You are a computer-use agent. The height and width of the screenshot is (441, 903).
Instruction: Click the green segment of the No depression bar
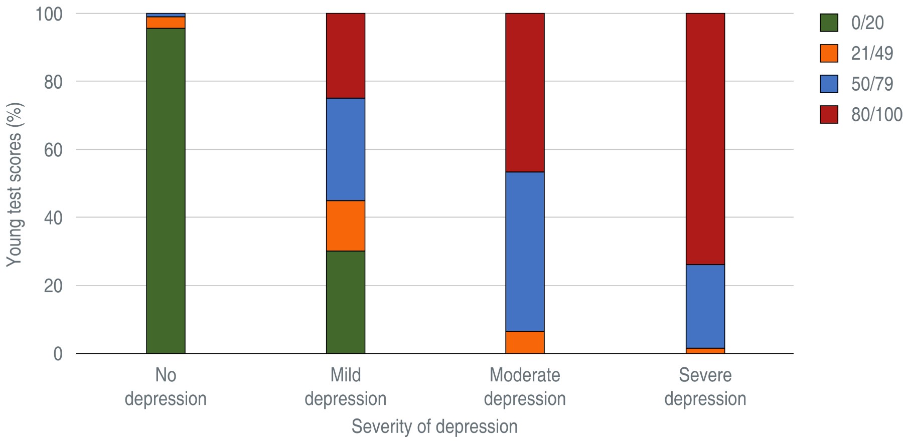click(166, 190)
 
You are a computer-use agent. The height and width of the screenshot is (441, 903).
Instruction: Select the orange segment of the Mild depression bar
click(346, 226)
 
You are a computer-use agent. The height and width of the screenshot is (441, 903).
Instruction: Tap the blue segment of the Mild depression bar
click(346, 149)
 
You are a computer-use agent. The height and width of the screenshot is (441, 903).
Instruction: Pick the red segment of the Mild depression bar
click(346, 56)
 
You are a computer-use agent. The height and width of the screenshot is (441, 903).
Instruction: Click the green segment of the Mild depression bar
click(346, 302)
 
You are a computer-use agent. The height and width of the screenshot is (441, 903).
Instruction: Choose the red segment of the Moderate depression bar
click(525, 93)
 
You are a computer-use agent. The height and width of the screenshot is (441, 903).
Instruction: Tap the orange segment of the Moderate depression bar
click(525, 342)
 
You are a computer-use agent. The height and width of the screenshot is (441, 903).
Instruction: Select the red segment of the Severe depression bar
click(705, 139)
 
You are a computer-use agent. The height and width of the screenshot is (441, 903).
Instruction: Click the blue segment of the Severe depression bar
click(705, 306)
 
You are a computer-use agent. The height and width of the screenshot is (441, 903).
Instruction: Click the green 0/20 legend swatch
click(829, 23)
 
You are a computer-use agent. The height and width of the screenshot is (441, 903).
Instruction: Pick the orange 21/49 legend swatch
click(829, 54)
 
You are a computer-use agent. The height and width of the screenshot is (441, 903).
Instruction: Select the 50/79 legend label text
click(872, 84)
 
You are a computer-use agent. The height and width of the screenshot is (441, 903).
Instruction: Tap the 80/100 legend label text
click(876, 115)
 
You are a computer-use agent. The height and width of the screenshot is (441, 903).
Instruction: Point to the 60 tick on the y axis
click(53, 150)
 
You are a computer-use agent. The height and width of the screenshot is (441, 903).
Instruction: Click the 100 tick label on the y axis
click(49, 14)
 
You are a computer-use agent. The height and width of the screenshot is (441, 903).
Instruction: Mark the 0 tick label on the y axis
click(58, 354)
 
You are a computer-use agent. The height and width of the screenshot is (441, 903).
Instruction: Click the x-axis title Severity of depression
click(434, 426)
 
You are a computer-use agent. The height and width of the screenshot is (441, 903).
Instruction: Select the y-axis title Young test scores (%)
click(15, 184)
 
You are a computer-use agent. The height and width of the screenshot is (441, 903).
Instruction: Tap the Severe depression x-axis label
click(705, 387)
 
